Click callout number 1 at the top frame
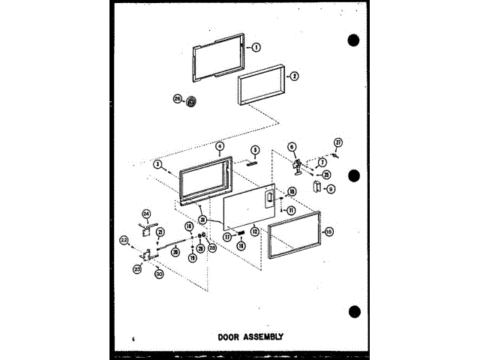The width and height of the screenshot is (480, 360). [x=256, y=46]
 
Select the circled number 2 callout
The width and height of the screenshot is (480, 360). [x=294, y=76]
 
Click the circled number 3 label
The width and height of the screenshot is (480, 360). [x=157, y=163]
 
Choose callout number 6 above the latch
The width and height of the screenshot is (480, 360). [x=292, y=147]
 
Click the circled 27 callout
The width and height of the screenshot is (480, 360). [x=338, y=142]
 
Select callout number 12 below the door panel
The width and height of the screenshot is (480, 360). [x=255, y=232]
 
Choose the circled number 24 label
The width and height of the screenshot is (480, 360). [x=147, y=212]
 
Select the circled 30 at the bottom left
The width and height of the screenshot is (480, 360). [x=158, y=274]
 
